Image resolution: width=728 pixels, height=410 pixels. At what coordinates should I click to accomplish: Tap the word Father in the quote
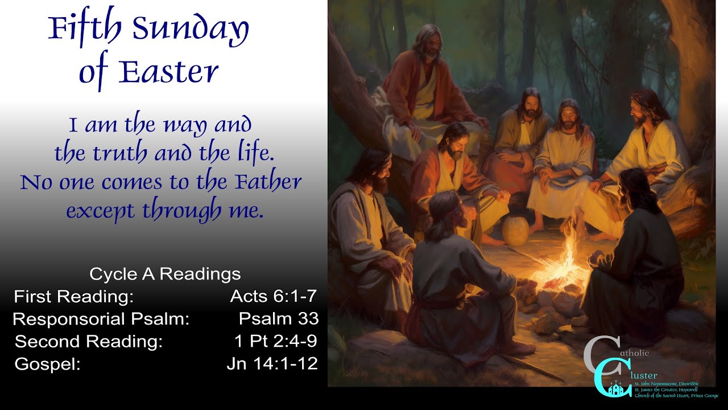267,183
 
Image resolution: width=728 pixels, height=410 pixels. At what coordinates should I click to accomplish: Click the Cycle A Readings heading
165,274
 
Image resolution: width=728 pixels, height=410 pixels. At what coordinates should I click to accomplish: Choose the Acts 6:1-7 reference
273,296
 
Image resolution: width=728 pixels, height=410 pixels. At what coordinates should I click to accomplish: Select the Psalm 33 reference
279,318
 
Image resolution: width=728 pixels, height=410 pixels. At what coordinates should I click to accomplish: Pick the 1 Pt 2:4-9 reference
275,341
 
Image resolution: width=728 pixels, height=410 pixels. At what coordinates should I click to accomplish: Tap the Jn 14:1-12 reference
272,364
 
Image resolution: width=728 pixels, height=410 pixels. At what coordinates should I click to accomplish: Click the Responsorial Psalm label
101,319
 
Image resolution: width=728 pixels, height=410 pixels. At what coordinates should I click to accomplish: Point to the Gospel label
47,364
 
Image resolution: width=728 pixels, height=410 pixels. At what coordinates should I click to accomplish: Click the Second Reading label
89,342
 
